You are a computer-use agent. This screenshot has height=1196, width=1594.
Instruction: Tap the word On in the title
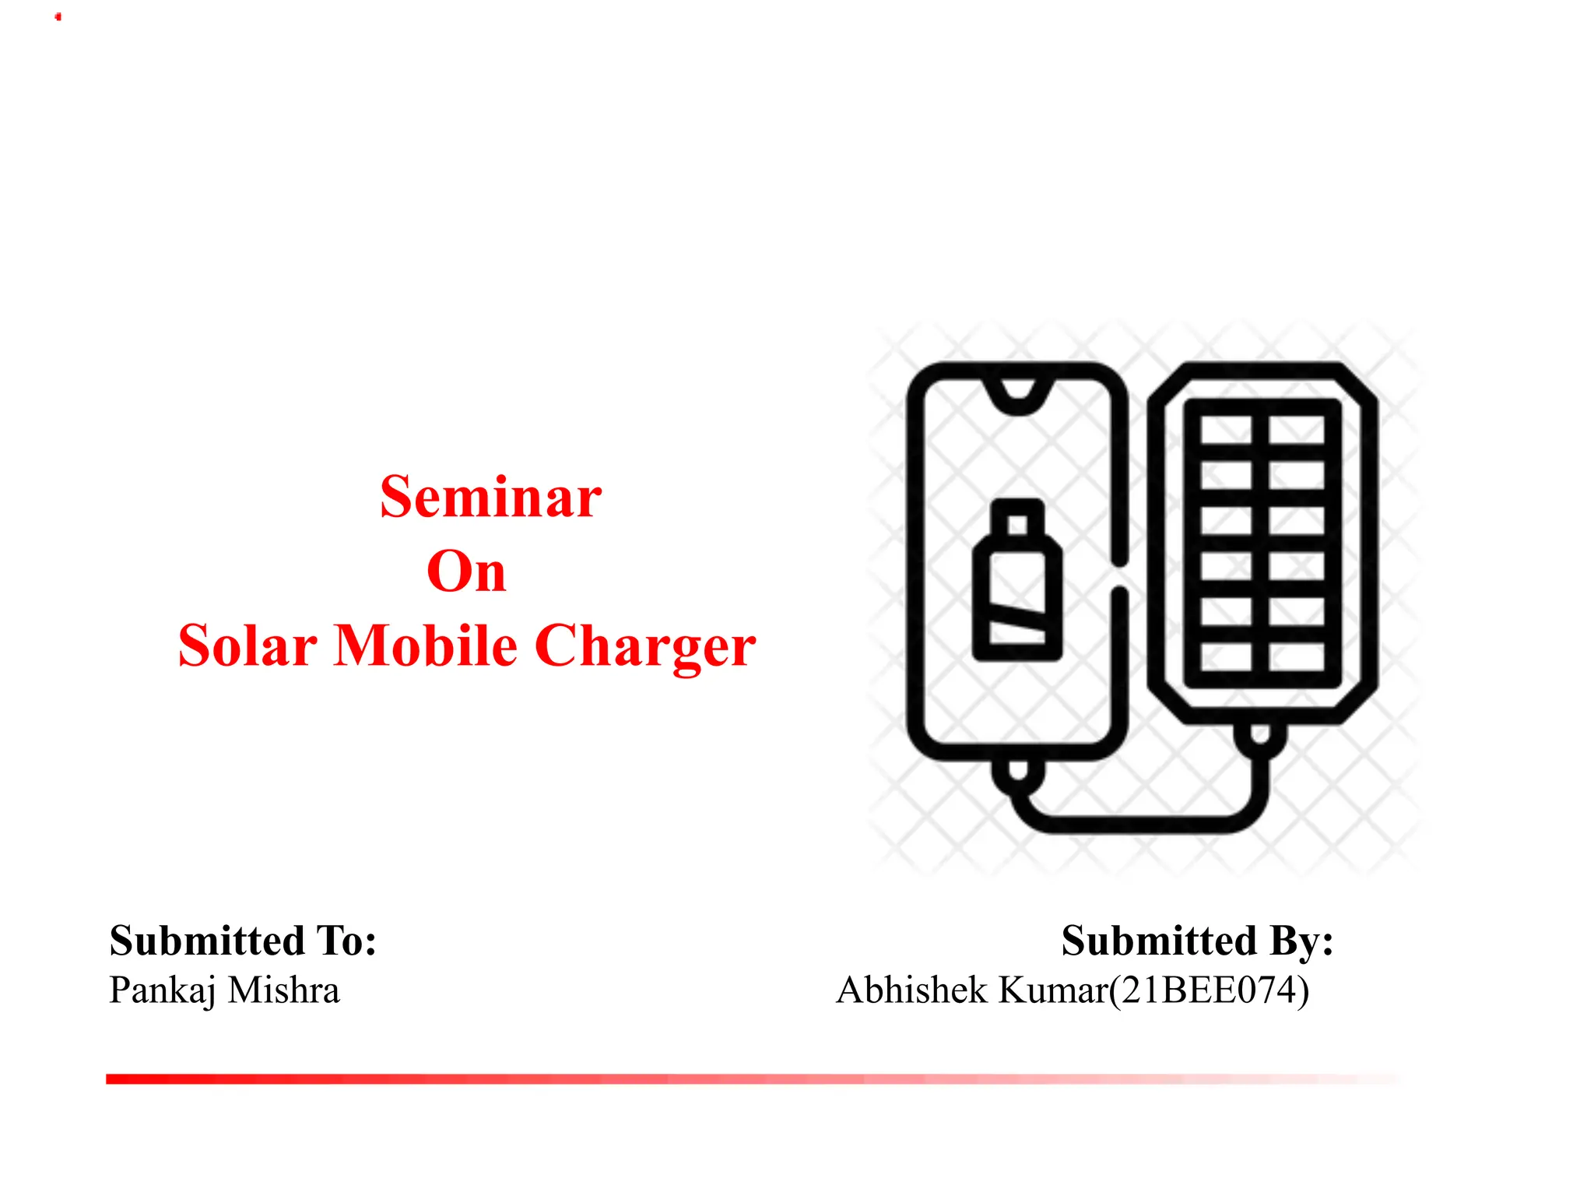[466, 572]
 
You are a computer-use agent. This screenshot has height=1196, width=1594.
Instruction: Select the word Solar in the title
[248, 646]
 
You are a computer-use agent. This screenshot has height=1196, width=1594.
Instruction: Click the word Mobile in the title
[425, 646]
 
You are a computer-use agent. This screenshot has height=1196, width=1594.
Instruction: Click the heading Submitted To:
[243, 941]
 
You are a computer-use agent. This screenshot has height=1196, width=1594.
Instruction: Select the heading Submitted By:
[1197, 941]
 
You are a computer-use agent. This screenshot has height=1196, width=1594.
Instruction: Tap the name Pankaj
[162, 991]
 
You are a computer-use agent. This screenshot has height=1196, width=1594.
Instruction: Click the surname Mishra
[284, 990]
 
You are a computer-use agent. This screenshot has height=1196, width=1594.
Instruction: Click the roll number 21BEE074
[1209, 990]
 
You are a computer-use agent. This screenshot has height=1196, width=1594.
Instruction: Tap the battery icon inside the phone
[1017, 592]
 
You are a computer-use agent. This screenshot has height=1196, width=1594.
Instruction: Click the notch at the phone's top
[1017, 396]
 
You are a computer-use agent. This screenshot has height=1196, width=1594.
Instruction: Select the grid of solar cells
[1262, 543]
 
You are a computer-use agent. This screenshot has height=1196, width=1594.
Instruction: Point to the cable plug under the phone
[1017, 771]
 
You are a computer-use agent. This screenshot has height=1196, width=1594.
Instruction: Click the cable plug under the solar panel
[1260, 736]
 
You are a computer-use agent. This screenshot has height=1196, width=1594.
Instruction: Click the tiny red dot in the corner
[58, 17]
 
